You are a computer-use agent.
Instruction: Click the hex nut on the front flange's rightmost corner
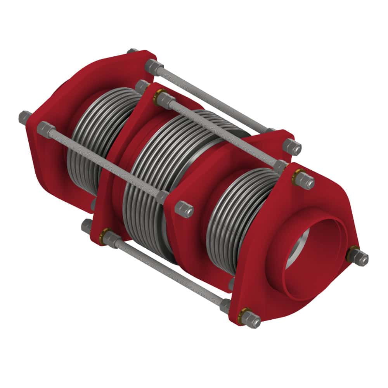coord(360,258)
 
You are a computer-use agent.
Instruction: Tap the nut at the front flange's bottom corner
coord(252,320)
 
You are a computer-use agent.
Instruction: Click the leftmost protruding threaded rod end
coord(24,116)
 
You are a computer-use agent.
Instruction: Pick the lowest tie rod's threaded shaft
coord(167,272)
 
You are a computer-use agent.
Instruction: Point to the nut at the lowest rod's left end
coord(87,226)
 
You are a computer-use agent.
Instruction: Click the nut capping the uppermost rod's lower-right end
coord(292,146)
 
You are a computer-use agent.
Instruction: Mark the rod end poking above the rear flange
coord(132,51)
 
